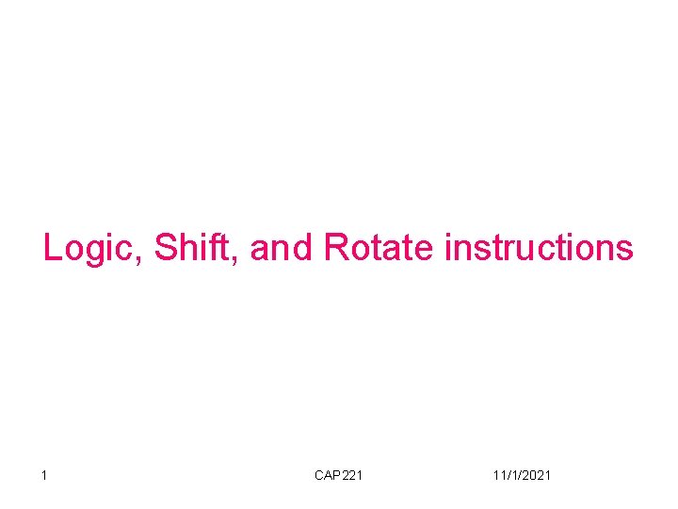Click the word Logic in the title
click(90, 248)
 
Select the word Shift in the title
click(196, 248)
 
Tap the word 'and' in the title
click(282, 248)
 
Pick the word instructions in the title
click(539, 248)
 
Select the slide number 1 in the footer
click(44, 475)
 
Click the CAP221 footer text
click(338, 475)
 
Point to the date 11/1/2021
click(522, 475)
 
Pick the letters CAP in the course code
click(327, 475)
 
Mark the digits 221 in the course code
click(351, 475)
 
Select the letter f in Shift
click(220, 247)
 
